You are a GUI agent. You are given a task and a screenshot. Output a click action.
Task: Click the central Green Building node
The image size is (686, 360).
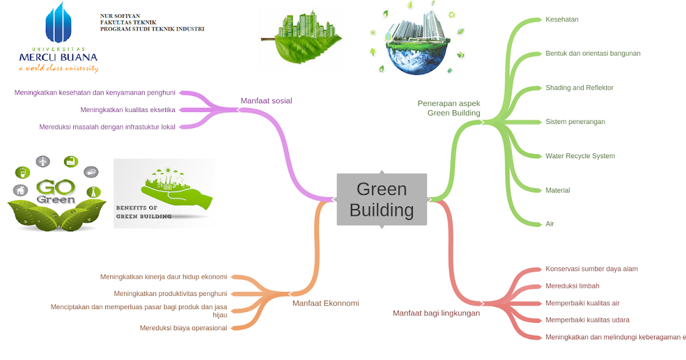click(381, 199)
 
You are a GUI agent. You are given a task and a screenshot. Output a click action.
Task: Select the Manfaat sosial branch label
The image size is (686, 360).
click(266, 101)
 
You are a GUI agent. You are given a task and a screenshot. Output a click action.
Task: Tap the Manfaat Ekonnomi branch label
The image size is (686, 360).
click(325, 303)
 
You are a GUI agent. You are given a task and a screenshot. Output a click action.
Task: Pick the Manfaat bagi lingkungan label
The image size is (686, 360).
click(436, 313)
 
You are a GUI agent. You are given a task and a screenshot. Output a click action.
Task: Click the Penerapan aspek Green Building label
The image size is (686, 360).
click(449, 108)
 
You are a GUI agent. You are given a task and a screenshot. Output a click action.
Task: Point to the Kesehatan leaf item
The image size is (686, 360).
click(561, 19)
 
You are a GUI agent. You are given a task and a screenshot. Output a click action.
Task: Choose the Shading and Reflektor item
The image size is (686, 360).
click(579, 88)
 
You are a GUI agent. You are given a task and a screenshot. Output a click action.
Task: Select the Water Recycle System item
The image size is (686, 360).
click(580, 156)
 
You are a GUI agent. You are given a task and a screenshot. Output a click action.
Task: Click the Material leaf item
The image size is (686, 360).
click(557, 190)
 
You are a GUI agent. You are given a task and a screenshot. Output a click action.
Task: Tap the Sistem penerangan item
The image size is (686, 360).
click(575, 122)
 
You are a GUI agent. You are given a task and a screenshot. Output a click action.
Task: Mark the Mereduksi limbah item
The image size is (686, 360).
click(572, 286)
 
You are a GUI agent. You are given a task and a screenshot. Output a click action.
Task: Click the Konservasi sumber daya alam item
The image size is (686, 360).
click(591, 269)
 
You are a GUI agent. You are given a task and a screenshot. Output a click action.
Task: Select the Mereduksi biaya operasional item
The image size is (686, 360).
click(184, 328)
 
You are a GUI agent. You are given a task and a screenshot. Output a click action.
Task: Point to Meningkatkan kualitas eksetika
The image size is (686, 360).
click(127, 110)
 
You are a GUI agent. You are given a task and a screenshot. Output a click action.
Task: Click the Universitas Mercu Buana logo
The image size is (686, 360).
click(58, 37)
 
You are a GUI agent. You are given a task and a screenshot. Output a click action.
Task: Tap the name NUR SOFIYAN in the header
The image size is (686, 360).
click(119, 16)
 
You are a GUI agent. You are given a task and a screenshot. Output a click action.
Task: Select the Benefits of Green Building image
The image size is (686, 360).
click(164, 194)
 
